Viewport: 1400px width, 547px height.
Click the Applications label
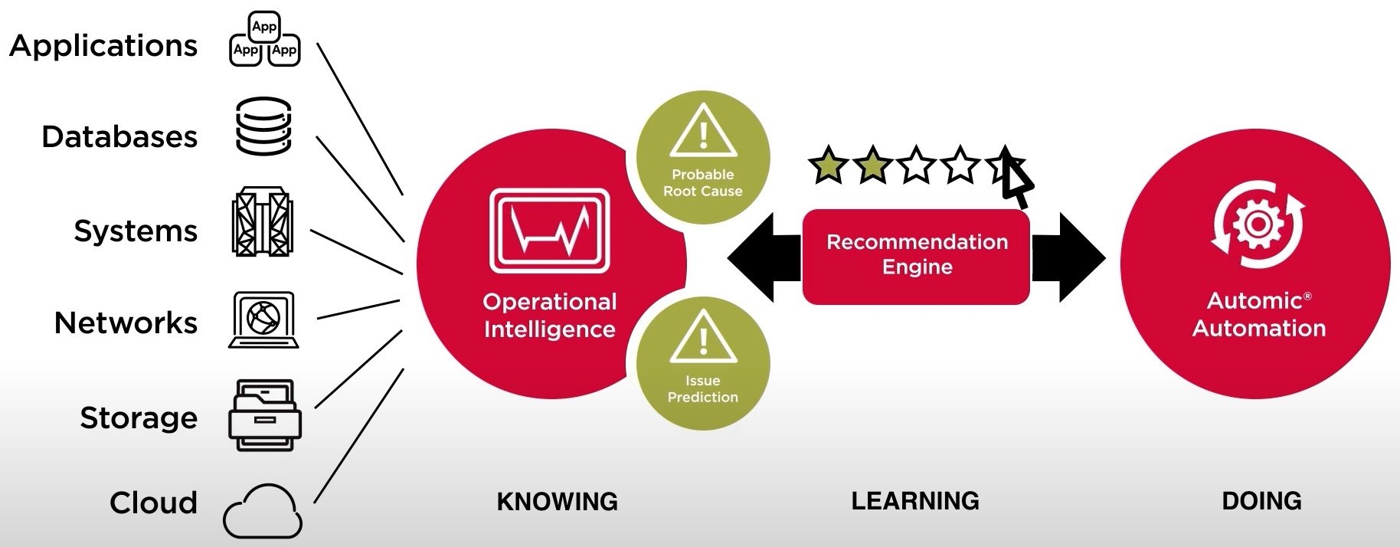(x=103, y=46)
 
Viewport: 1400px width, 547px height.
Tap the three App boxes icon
(x=264, y=40)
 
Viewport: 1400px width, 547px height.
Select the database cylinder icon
(x=263, y=126)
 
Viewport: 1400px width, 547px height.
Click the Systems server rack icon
(x=262, y=221)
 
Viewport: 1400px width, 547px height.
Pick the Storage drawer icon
(x=264, y=414)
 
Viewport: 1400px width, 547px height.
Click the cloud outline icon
(x=263, y=511)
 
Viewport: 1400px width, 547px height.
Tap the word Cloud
(x=153, y=503)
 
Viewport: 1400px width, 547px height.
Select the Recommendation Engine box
(x=916, y=255)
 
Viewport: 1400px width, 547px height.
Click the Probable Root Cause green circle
(x=702, y=158)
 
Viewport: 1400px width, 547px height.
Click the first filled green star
(x=828, y=165)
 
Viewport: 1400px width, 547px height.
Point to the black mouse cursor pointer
(x=1016, y=178)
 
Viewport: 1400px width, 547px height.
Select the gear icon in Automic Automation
(x=1257, y=224)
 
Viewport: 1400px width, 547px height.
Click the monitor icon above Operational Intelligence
(x=549, y=231)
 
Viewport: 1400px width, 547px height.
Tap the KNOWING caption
(x=557, y=502)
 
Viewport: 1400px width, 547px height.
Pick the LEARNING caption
(x=915, y=501)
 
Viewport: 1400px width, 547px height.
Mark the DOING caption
(x=1261, y=501)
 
